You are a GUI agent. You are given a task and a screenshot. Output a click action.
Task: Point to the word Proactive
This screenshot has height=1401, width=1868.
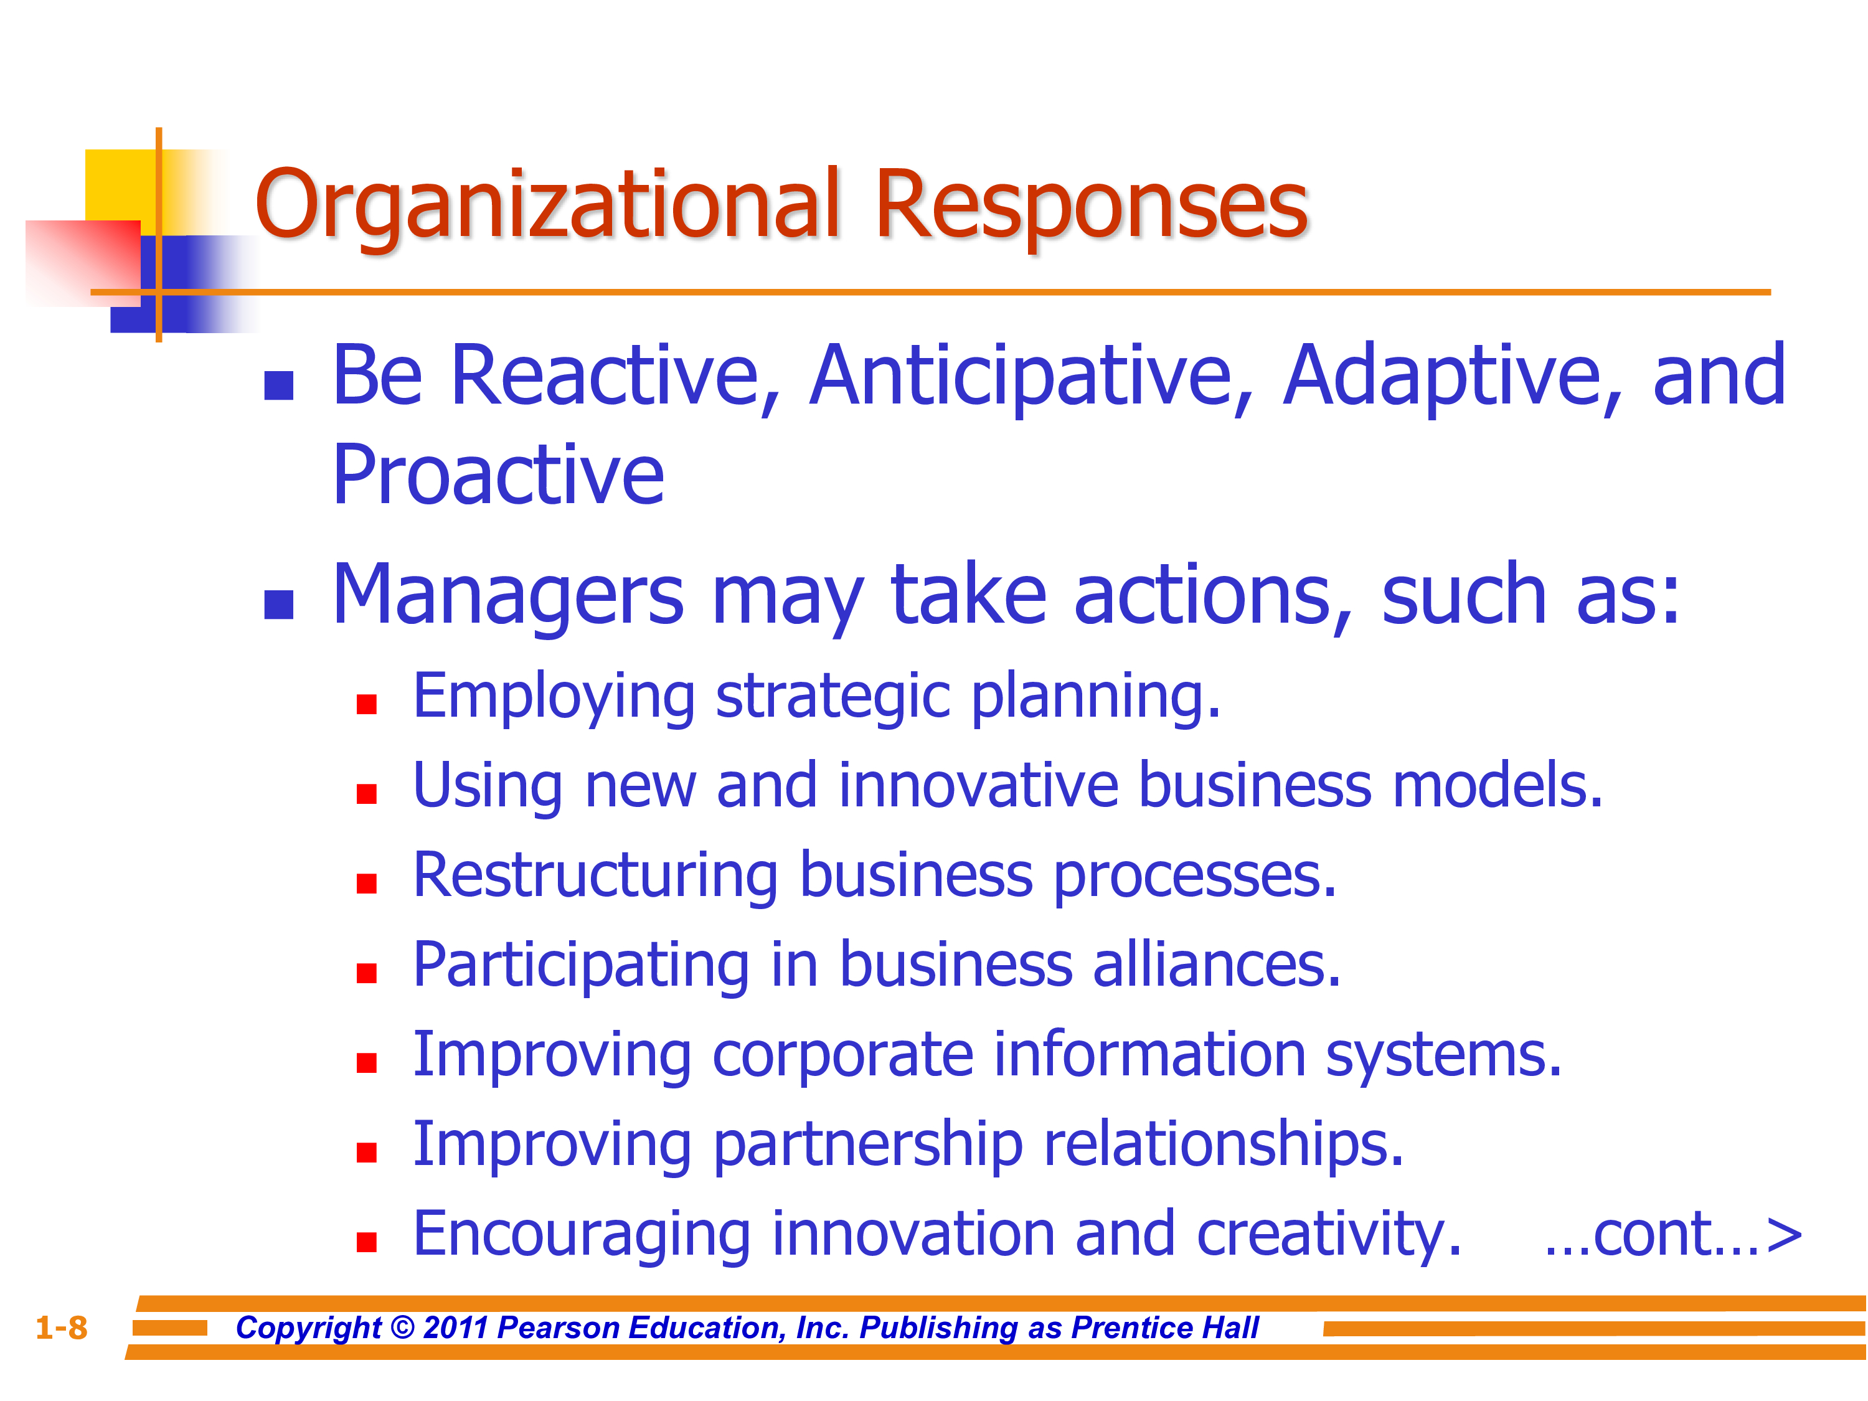coord(498,476)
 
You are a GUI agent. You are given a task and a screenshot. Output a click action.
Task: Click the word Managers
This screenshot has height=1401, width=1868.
coord(507,598)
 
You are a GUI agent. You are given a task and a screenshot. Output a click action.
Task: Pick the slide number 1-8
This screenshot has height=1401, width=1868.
coord(62,1328)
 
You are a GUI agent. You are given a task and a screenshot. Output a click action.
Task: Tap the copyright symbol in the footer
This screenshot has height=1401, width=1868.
coord(403,1328)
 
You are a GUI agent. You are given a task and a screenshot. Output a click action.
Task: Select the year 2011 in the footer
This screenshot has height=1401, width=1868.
coord(455,1328)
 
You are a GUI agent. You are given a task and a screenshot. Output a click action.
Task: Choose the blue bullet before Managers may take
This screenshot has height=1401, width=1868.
coord(279,604)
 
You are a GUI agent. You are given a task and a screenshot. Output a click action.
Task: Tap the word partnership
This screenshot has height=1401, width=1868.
coord(867,1146)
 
